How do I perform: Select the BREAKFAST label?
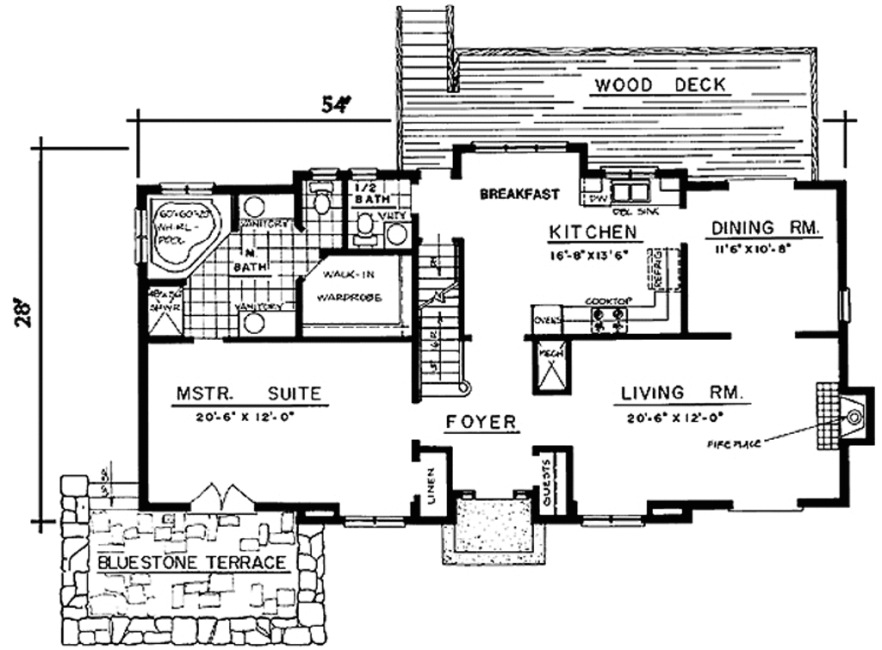[519, 194]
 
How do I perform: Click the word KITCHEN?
[593, 232]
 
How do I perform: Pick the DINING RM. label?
[766, 228]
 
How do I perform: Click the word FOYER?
[481, 422]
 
